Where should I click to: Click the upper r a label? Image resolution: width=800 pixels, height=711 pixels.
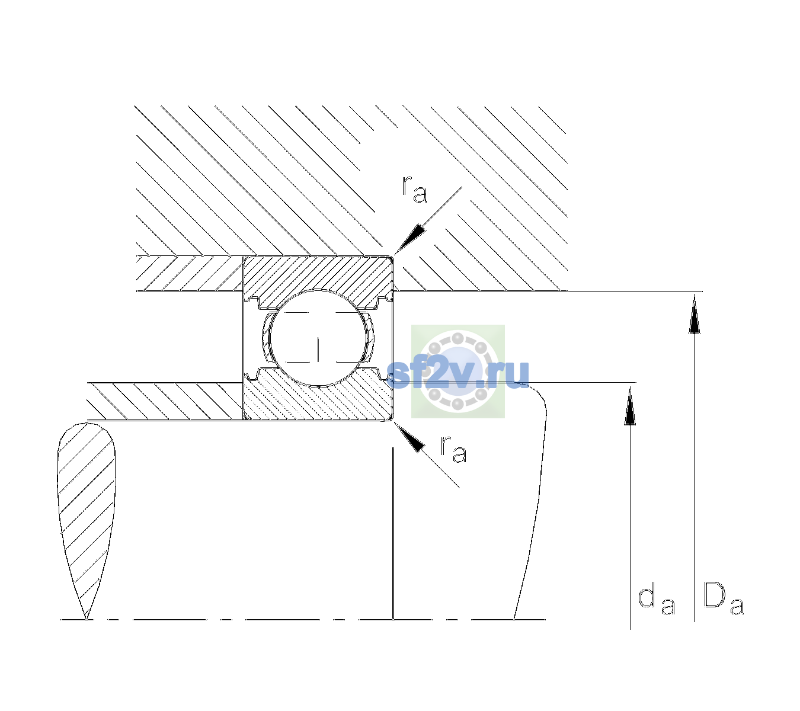coord(414,189)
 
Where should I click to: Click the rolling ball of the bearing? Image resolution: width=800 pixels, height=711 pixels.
coord(318,338)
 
